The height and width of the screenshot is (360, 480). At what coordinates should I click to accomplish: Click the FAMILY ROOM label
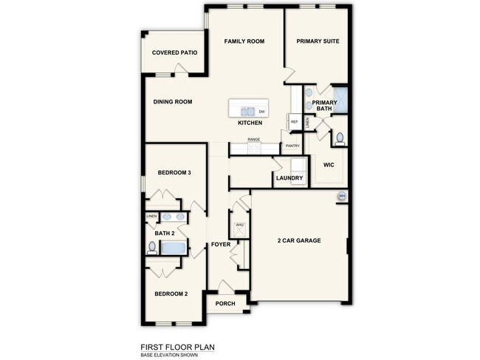[244, 41]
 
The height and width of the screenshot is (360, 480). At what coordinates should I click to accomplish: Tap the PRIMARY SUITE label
[318, 41]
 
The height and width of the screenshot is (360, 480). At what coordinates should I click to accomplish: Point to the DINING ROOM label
[173, 102]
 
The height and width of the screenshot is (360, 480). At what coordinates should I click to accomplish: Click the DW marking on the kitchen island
[261, 112]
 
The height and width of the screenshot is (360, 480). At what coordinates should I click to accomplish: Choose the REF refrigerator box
[294, 121]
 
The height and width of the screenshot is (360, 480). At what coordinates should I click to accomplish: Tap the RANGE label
[253, 139]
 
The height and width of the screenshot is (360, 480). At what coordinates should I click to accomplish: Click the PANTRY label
[292, 146]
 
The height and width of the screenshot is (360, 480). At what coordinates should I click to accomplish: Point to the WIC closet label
[329, 165]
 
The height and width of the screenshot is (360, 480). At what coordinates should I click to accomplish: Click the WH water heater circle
[341, 196]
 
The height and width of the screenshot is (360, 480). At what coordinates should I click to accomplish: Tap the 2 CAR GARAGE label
[299, 241]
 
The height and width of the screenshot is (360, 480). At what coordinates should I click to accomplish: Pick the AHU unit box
[239, 225]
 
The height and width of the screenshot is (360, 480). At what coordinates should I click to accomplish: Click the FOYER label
[221, 244]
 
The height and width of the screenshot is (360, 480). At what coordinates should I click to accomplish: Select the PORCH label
[225, 304]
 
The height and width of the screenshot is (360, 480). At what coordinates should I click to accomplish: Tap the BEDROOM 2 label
[171, 294]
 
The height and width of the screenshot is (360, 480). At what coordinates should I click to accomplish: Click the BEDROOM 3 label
[175, 173]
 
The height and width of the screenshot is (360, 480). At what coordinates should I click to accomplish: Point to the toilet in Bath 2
[152, 248]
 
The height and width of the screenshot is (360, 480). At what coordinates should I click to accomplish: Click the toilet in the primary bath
[340, 138]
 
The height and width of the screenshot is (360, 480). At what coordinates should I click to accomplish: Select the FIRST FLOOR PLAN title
[178, 345]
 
